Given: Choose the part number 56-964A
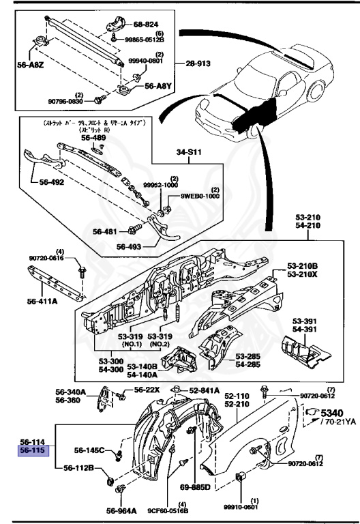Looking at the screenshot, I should [121, 510].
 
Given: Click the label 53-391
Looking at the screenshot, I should [307, 321].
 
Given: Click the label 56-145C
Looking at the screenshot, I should [89, 450].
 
